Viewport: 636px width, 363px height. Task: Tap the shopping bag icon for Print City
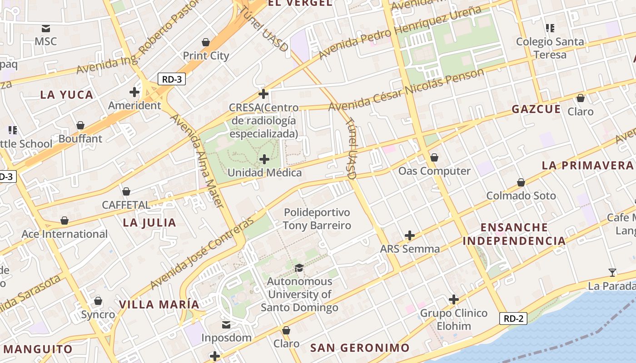click(206, 42)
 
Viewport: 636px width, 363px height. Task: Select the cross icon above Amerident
click(134, 92)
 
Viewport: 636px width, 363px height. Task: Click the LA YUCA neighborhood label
click(67, 95)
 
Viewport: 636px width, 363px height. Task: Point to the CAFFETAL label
click(126, 205)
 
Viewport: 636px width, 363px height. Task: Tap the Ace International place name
click(65, 234)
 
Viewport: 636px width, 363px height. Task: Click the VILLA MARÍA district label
click(159, 304)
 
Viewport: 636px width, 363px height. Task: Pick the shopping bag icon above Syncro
click(98, 301)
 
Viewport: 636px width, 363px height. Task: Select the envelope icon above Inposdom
click(226, 324)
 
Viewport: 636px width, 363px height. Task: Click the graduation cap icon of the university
click(299, 268)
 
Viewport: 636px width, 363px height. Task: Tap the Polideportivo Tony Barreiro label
click(317, 219)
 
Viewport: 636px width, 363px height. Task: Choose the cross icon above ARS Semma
click(410, 235)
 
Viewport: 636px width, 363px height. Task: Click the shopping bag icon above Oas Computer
click(434, 157)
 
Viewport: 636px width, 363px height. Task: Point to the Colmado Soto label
click(521, 196)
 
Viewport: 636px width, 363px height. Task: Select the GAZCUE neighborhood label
click(536, 109)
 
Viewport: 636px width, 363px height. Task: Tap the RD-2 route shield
click(513, 319)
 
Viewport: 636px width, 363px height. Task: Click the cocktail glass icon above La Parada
click(612, 272)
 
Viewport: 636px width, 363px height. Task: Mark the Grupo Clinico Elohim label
click(453, 319)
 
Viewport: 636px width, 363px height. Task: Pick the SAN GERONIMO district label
click(360, 348)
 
